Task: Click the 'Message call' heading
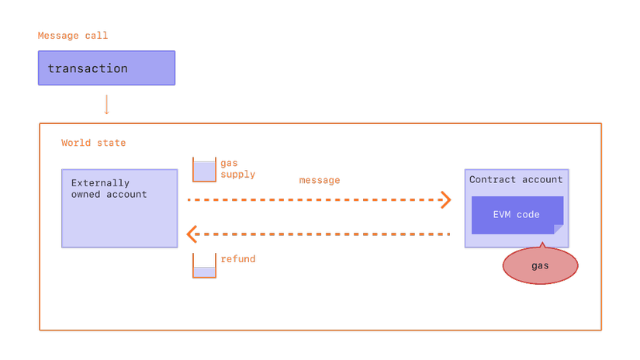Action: point(73,36)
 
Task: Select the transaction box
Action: point(106,68)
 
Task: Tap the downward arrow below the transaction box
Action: point(107,105)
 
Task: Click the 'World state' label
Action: point(93,143)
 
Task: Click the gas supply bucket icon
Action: point(204,170)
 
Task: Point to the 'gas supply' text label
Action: point(237,169)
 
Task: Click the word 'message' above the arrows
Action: point(319,180)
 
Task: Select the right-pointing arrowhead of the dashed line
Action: point(445,199)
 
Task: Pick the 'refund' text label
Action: point(237,259)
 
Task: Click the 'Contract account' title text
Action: point(516,179)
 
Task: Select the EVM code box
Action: point(517,215)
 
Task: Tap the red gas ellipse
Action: point(540,266)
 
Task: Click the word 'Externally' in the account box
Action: point(100,184)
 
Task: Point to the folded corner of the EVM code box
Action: point(559,229)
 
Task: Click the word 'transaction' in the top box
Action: point(88,68)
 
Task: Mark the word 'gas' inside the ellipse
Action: point(540,266)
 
